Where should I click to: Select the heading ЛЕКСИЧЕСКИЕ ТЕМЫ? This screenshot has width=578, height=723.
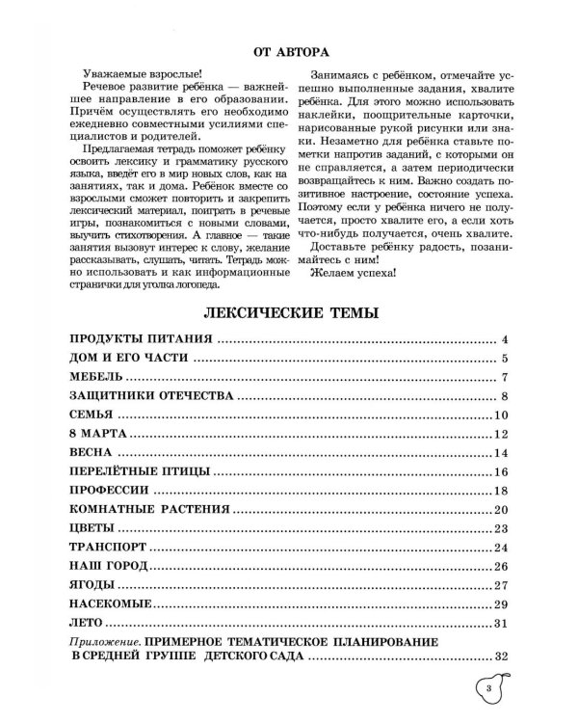(288, 312)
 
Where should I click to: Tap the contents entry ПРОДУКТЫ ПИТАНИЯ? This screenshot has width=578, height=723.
(142, 340)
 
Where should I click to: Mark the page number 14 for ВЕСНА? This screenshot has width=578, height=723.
(499, 453)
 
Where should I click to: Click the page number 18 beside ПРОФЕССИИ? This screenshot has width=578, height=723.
(499, 491)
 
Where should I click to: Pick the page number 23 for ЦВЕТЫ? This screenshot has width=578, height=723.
(499, 528)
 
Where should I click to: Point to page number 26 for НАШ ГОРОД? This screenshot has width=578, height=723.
(499, 566)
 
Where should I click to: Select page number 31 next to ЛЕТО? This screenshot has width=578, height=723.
(499, 623)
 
